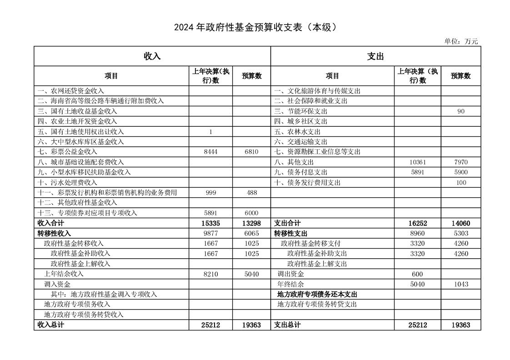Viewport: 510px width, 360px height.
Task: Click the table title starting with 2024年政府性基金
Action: (x=255, y=27)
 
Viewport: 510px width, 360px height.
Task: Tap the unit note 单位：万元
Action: (x=461, y=41)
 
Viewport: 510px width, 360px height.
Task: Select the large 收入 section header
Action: (x=152, y=56)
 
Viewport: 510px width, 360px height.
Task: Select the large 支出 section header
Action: (x=375, y=56)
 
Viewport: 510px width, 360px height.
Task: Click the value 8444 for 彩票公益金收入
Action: (x=211, y=152)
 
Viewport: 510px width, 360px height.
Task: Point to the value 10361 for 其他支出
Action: (x=417, y=162)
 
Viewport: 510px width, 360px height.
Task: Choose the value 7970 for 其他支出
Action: (x=460, y=162)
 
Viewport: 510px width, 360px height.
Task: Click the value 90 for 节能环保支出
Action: (x=460, y=111)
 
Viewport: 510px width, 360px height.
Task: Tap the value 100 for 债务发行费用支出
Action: (x=460, y=183)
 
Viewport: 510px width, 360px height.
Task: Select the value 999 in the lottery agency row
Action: (x=211, y=193)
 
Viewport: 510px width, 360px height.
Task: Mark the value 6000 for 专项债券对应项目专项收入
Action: (x=251, y=213)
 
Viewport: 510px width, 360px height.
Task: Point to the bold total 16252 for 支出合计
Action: (x=417, y=223)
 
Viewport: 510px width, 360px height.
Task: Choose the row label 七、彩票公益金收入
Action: (x=67, y=152)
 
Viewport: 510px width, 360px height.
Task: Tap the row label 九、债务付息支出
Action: (x=300, y=172)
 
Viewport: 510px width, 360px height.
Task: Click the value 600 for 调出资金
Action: (x=417, y=274)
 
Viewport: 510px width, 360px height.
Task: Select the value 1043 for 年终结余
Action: (x=460, y=284)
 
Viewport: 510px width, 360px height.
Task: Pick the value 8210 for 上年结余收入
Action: (x=211, y=274)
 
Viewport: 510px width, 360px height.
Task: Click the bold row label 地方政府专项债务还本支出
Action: (x=317, y=295)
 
